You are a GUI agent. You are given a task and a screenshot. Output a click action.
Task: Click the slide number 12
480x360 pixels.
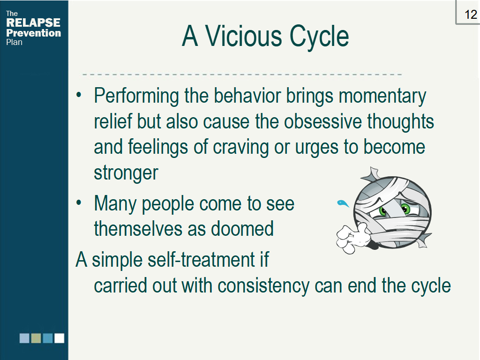coord(471,15)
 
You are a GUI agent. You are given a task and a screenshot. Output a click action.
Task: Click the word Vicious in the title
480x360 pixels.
coord(243,36)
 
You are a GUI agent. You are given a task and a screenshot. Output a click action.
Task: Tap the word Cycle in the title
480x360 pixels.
coord(319,37)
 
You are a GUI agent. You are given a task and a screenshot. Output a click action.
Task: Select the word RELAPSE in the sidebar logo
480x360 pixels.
coord(33,22)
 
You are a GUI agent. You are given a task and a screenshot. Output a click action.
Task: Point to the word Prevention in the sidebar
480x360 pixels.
coord(33,33)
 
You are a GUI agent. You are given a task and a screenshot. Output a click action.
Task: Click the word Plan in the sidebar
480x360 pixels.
coord(14,42)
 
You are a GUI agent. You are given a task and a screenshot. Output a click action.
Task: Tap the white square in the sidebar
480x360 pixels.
coord(60,338)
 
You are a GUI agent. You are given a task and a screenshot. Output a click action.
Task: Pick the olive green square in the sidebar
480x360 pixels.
coord(36,338)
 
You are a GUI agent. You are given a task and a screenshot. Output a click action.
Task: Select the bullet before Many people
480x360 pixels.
coord(79,202)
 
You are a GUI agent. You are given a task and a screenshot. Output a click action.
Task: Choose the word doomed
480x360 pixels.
coord(242,229)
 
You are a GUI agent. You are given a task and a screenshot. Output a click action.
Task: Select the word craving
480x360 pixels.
coord(240,148)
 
